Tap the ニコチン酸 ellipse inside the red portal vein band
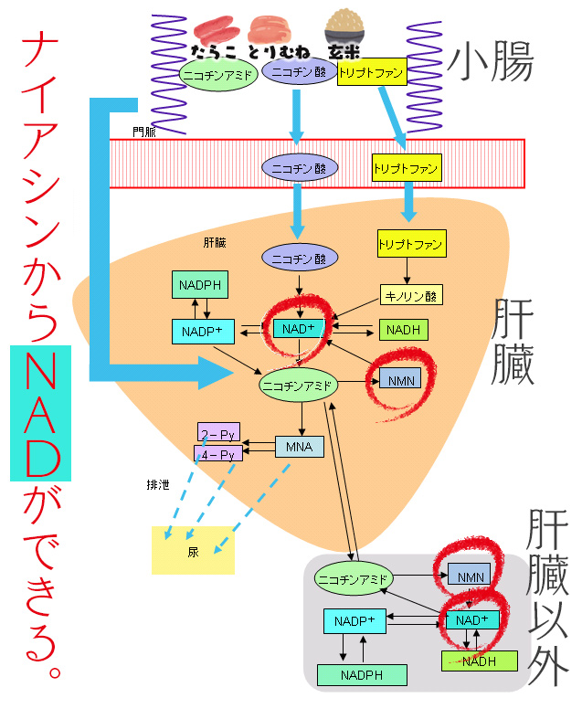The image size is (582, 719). click(x=300, y=167)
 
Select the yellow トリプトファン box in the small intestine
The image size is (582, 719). click(x=371, y=73)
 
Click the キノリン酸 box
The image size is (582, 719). click(x=410, y=295)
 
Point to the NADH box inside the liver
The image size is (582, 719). click(x=404, y=330)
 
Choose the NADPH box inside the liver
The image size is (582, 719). click(x=199, y=285)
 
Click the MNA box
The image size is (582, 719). click(x=300, y=447)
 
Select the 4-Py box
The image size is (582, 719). click(x=217, y=453)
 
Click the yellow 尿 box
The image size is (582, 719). click(x=193, y=551)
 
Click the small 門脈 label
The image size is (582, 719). click(x=143, y=132)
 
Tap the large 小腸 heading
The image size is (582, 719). click(x=491, y=61)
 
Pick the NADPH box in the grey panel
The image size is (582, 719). click(x=362, y=675)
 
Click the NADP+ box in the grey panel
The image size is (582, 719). click(x=356, y=621)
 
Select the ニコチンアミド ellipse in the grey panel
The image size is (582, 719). click(x=353, y=578)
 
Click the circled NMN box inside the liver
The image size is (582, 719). click(x=399, y=379)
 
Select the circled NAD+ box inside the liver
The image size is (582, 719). click(x=298, y=328)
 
